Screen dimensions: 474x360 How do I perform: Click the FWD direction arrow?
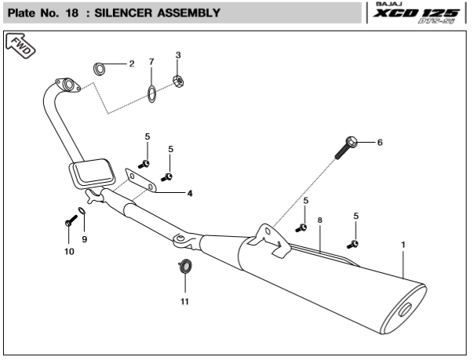pos(20,45)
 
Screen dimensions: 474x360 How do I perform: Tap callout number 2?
pos(132,64)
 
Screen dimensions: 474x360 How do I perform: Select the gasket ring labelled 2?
pos(99,69)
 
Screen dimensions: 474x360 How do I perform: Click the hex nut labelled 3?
pos(179,81)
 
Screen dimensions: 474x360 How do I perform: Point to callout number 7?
pos(151,62)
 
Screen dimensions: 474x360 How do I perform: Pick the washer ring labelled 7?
pos(151,94)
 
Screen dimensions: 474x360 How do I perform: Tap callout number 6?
pos(380,142)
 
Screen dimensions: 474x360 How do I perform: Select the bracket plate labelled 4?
pos(140,180)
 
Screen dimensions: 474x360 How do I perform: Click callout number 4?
pos(190,193)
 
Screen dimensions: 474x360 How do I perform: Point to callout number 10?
pos(69,251)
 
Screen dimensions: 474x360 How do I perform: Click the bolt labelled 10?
pos(71,220)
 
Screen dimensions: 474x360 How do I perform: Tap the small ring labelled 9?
pos(82,210)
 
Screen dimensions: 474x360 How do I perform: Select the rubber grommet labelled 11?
pos(184,266)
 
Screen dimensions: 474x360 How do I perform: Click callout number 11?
pos(184,301)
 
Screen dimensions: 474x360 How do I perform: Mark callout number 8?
pos(320,220)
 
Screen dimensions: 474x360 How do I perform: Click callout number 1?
pos(403,245)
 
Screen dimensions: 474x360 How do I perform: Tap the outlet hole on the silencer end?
pos(405,310)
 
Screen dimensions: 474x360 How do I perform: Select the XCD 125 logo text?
pos(416,13)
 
